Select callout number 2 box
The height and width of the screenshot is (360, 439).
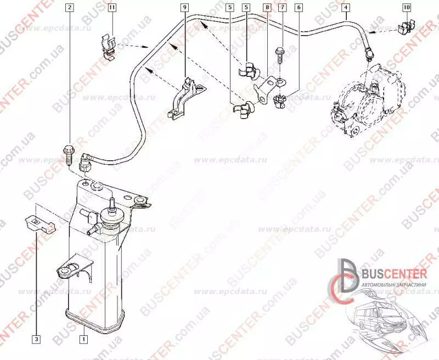[x=69, y=8]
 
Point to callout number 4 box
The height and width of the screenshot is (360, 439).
[x=345, y=8]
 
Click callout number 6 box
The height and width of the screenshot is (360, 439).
[x=298, y=8]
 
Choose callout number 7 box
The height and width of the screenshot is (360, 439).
[x=282, y=8]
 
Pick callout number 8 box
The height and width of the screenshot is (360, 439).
[x=267, y=8]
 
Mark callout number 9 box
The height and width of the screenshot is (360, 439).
[x=184, y=8]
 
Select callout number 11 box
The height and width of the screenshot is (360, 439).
[x=112, y=8]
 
